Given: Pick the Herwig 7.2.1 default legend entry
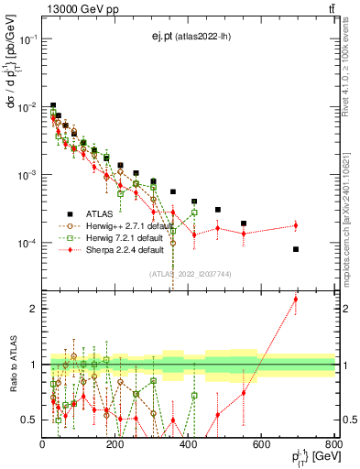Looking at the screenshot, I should pyautogui.click(x=114, y=235).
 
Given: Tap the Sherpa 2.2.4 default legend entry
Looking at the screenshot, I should pyautogui.click(x=114, y=248).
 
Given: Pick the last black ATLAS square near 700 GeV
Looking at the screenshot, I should pyautogui.click(x=296, y=249).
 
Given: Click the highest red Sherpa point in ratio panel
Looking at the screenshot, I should pyautogui.click(x=296, y=299).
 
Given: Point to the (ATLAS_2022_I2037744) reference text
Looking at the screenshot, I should pyautogui.click(x=190, y=274).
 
